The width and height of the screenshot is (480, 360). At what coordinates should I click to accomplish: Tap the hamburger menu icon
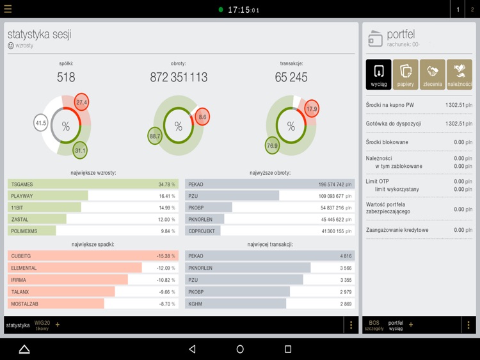click(x=8, y=10)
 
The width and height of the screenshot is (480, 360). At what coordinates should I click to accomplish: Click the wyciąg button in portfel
click(x=378, y=74)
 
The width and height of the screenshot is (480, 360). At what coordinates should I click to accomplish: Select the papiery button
click(x=405, y=74)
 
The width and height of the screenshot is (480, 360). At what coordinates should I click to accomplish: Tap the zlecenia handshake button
click(x=432, y=74)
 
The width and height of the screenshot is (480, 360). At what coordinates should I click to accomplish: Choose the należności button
click(x=459, y=74)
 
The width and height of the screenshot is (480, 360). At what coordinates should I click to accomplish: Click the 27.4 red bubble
click(x=81, y=102)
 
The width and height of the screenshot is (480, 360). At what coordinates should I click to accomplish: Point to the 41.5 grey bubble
click(x=41, y=123)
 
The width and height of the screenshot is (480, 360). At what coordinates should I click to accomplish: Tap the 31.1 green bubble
click(x=80, y=151)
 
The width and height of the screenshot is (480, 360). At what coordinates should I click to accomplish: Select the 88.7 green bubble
click(x=155, y=136)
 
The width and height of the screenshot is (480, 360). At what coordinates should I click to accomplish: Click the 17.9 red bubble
click(x=312, y=109)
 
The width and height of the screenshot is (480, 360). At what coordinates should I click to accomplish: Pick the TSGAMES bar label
click(x=22, y=184)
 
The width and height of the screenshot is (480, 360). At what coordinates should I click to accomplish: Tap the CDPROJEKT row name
click(x=202, y=231)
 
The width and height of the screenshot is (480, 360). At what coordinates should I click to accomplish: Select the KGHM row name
click(x=195, y=304)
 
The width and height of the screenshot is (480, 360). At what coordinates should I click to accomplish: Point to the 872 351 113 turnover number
click(x=179, y=78)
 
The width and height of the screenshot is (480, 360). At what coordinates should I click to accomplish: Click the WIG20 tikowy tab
click(x=42, y=325)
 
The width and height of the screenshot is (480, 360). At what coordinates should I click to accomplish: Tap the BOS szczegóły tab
click(x=374, y=325)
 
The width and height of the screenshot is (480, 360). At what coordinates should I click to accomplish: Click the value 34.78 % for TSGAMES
click(x=166, y=184)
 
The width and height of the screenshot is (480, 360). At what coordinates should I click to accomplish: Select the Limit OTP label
click(x=378, y=181)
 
